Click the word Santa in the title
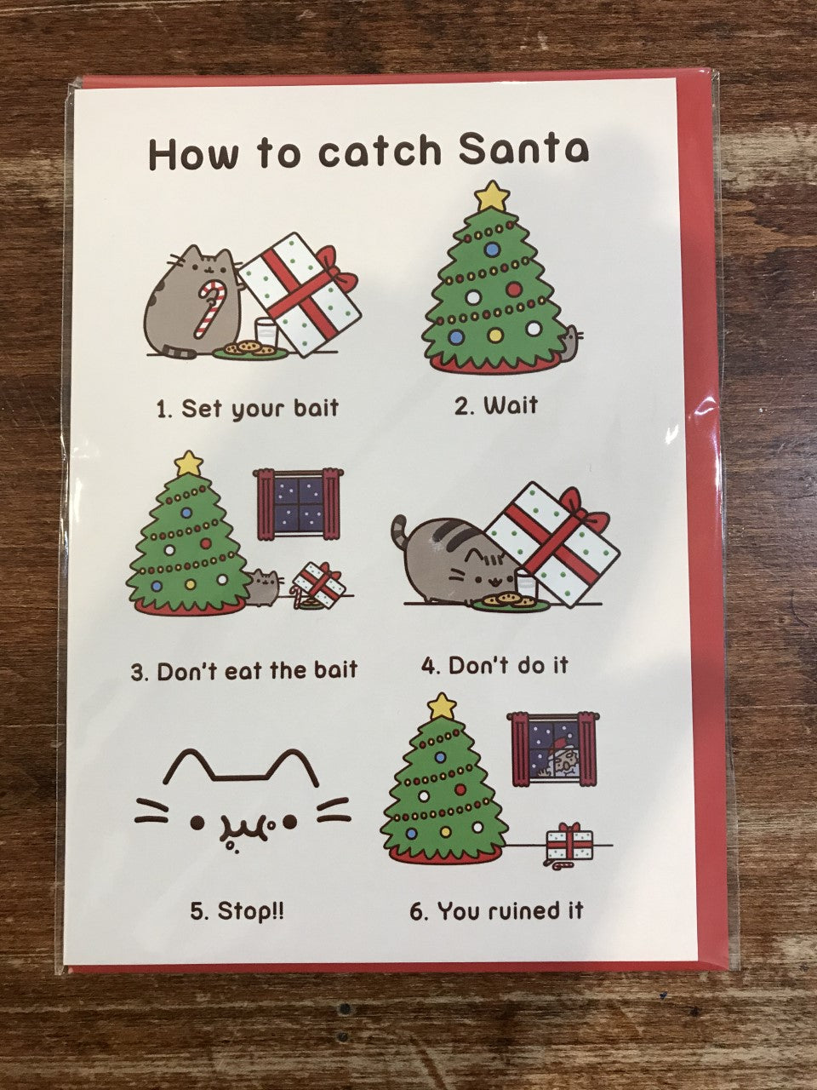523,150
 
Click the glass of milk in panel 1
266,336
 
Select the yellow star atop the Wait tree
492,197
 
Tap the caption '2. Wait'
496,405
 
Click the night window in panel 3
298,504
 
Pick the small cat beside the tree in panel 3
265,588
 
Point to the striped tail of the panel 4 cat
400,532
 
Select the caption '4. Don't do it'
494,666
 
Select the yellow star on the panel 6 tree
442,706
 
